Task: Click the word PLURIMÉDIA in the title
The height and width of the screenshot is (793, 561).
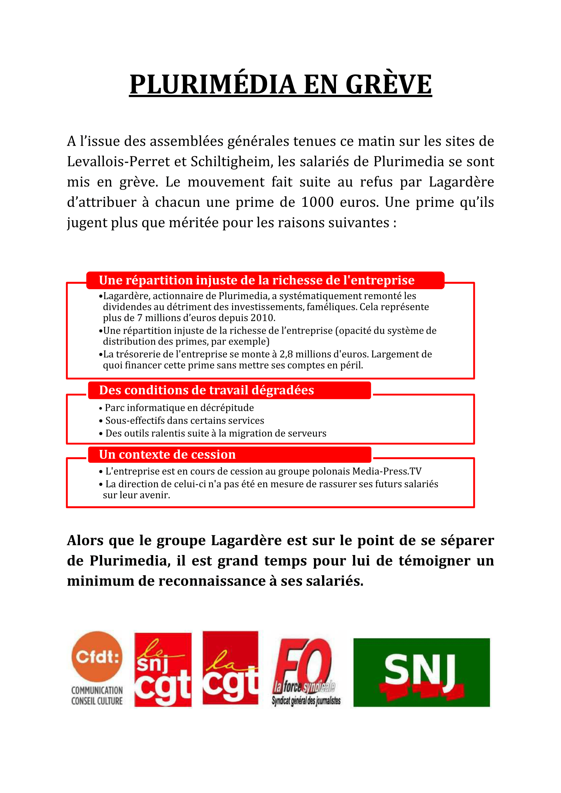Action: tap(212, 85)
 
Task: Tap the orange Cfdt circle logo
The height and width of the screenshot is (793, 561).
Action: tap(97, 656)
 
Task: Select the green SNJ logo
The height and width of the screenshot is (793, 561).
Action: tap(422, 672)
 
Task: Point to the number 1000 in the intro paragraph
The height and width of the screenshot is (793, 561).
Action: tap(317, 202)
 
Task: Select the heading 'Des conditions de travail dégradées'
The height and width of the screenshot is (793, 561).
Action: tap(206, 390)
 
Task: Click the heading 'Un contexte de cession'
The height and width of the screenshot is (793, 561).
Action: tap(167, 455)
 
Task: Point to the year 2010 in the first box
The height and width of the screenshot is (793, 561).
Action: tap(263, 318)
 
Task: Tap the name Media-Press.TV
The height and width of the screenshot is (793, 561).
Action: tap(387, 472)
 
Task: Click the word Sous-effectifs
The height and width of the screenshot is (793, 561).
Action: tap(133, 421)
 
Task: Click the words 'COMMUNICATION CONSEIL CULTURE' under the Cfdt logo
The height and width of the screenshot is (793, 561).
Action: tap(97, 696)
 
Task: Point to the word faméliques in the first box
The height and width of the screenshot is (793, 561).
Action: tap(332, 307)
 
